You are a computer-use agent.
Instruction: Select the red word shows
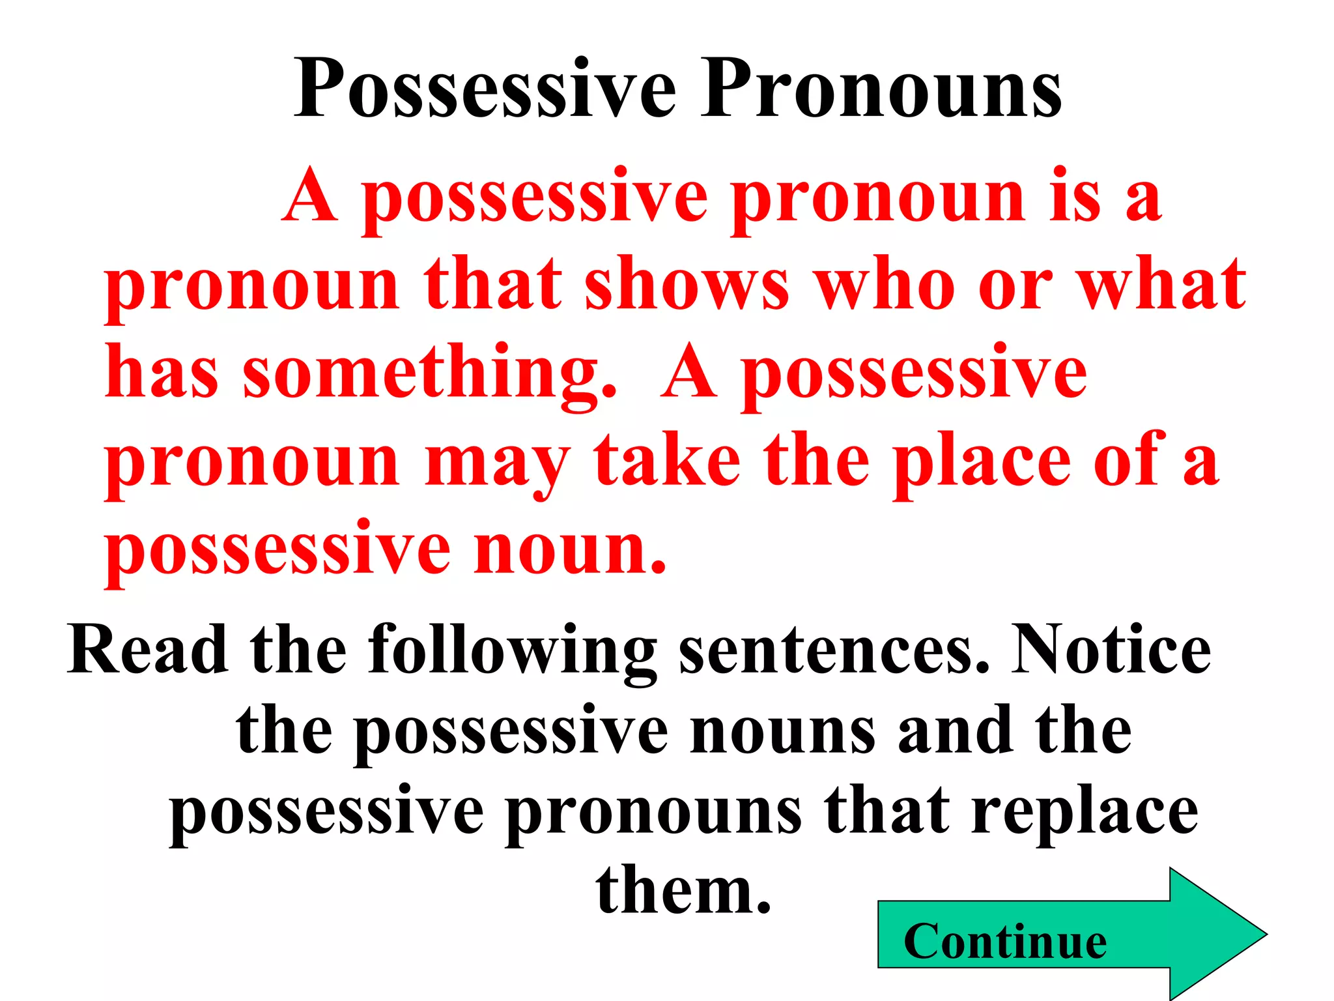[687, 285]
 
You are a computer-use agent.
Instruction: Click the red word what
[1162, 285]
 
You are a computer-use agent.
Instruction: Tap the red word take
[667, 461]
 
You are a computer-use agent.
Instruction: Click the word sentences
[834, 650]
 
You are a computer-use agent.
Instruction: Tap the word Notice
[1111, 650]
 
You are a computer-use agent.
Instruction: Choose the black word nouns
[782, 731]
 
